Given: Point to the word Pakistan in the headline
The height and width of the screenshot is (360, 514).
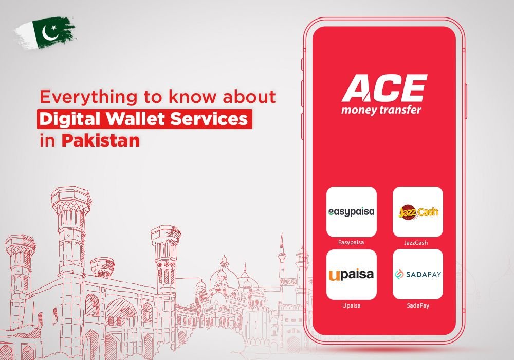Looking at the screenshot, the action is coord(101,140).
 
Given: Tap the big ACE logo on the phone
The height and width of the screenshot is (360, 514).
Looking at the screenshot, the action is coord(384,88).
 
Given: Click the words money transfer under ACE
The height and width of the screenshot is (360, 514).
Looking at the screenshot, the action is coord(381,110).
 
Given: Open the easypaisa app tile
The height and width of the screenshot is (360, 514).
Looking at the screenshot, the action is coord(352,212).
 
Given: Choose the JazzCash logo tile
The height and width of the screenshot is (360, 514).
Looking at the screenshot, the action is coord(417,212).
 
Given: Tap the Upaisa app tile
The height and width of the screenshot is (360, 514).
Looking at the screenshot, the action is coord(352,275).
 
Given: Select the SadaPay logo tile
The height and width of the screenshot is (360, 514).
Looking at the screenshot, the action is coord(417,275).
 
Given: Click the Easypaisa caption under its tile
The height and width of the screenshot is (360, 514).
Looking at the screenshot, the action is coord(351,243).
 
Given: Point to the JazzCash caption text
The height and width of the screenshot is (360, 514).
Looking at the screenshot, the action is coord(416,243).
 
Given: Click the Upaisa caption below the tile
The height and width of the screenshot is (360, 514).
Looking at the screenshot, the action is coord(352,305).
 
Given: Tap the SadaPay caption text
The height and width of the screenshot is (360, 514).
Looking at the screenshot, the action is coord(418,305).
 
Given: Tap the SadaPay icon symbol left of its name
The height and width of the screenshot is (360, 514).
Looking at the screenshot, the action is coord(399,275).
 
